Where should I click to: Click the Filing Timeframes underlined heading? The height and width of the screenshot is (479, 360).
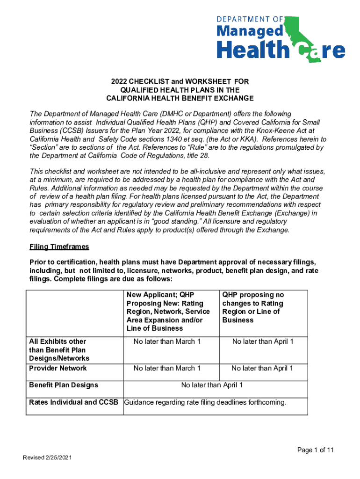[x=59, y=247]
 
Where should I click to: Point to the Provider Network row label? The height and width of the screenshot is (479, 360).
[x=58, y=368]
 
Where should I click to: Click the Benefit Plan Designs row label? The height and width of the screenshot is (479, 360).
[x=64, y=385]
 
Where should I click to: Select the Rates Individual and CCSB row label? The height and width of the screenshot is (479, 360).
[x=73, y=402]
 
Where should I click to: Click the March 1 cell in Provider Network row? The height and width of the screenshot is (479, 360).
[x=167, y=368]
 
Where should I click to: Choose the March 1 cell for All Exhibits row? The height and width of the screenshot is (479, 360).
[x=167, y=341]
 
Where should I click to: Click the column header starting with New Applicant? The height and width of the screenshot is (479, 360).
[x=168, y=312]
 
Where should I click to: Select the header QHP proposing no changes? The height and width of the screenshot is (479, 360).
[x=253, y=307]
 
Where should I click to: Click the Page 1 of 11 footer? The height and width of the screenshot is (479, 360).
[x=316, y=450]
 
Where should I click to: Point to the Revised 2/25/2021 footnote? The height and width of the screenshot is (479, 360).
[x=47, y=457]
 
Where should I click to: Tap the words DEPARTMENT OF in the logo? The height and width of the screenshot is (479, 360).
[x=250, y=19]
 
